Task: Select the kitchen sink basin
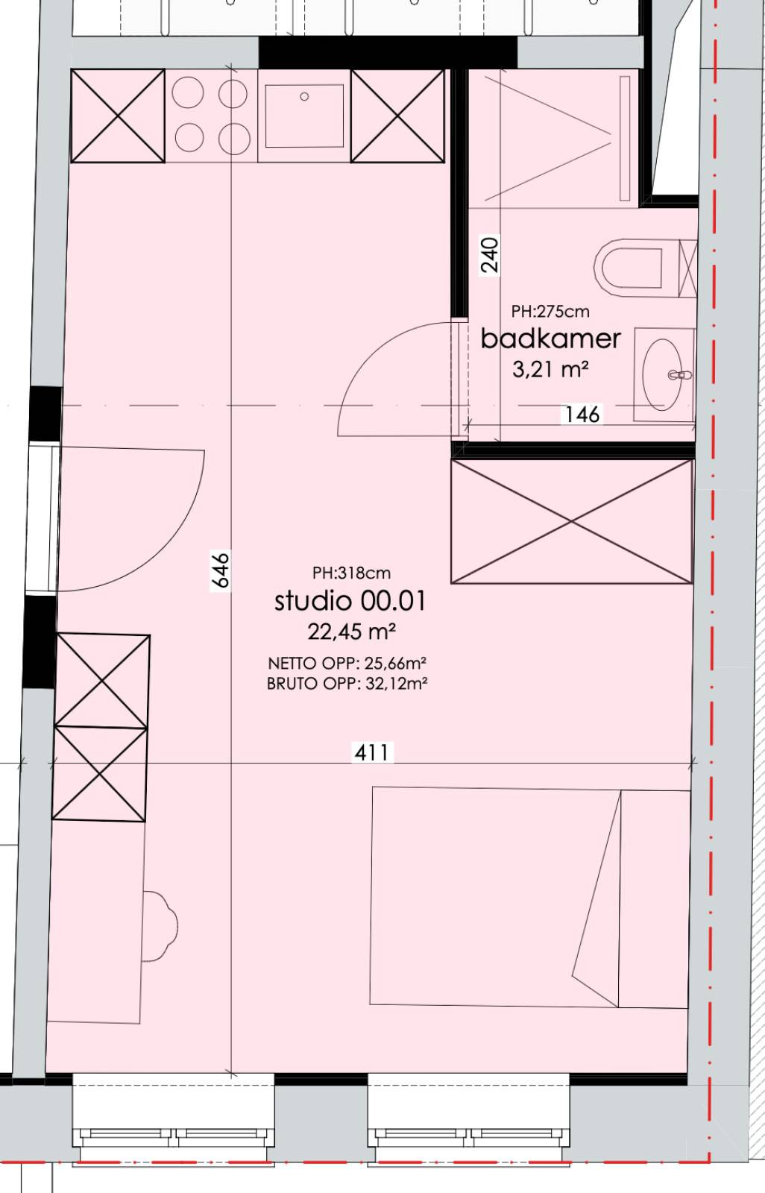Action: coord(305,116)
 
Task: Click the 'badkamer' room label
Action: coord(551,339)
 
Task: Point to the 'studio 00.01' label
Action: coord(350,601)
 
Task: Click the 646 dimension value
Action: coord(221,570)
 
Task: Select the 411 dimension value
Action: coord(373,752)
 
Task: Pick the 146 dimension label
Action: coord(582,415)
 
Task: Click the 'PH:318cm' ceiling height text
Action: coord(352,573)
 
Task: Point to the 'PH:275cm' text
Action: coord(550,312)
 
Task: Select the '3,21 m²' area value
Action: coord(550,368)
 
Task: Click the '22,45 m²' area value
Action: coord(351,632)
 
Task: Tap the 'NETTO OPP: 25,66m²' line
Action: coord(347,663)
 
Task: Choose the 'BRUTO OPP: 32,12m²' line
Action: coord(347,683)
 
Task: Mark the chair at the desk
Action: coord(159,926)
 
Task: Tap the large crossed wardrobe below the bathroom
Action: coord(572,521)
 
